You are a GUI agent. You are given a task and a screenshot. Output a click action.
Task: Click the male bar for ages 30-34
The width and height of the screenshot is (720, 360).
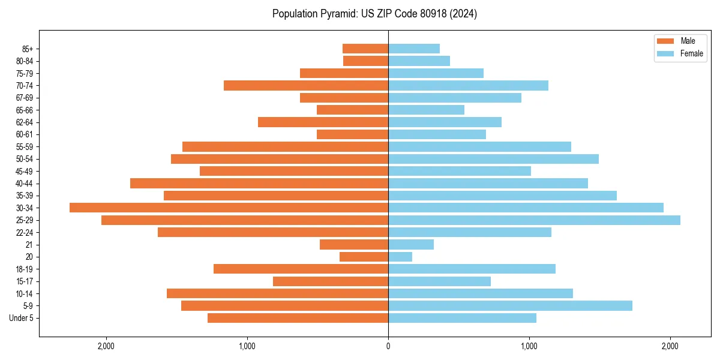click(229, 208)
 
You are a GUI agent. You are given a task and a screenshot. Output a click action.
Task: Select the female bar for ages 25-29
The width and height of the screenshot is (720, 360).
click(534, 220)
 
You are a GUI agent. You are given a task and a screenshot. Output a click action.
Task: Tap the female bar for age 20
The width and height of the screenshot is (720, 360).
click(400, 257)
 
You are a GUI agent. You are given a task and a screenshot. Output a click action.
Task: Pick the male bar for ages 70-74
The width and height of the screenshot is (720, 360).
click(306, 86)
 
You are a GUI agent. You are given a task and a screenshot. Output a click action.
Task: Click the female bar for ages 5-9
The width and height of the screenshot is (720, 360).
click(510, 306)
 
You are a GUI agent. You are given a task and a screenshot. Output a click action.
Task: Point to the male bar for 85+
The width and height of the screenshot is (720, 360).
click(365, 49)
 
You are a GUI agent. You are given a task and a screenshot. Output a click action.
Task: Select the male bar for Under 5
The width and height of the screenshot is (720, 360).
click(298, 318)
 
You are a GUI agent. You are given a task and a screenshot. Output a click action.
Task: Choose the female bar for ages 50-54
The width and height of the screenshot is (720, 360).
click(493, 159)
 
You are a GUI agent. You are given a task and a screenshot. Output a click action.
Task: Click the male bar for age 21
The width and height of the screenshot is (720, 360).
click(354, 245)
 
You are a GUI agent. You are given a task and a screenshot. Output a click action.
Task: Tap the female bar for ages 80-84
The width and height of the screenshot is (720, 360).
click(419, 61)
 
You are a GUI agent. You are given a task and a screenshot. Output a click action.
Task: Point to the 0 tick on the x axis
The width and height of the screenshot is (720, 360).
click(388, 346)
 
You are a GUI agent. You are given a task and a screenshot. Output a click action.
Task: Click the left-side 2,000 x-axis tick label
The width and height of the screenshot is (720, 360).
click(106, 346)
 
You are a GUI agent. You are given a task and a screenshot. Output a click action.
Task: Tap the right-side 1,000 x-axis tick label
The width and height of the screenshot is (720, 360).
click(529, 346)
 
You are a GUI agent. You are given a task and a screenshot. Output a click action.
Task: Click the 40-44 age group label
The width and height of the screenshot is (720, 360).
click(25, 184)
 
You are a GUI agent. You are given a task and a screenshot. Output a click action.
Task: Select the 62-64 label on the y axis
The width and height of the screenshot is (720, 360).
click(25, 122)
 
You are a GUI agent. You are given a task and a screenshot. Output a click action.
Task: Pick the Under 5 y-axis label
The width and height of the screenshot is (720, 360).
click(22, 318)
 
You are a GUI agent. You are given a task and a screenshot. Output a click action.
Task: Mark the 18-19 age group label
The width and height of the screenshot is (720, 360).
click(25, 269)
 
